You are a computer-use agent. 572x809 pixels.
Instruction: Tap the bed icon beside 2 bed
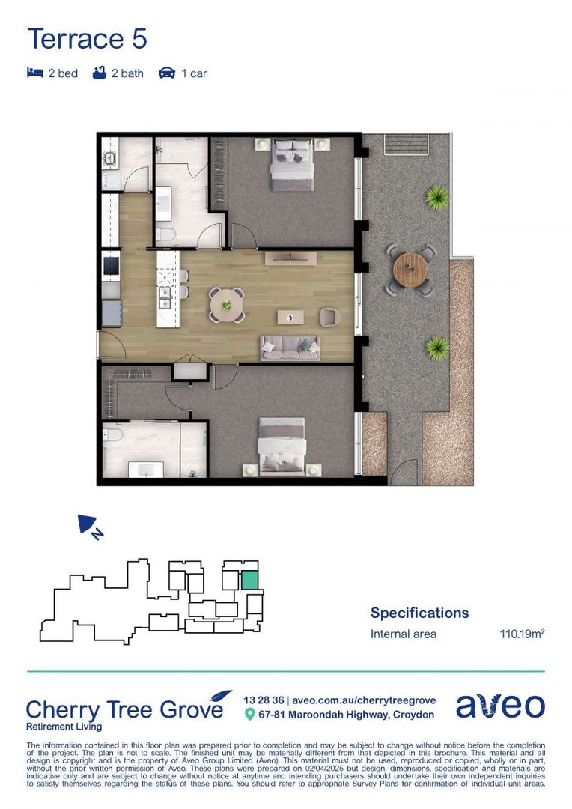pyautogui.click(x=34, y=73)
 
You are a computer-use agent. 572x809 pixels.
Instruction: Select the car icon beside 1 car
pyautogui.click(x=167, y=73)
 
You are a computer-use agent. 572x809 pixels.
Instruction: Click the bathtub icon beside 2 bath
pyautogui.click(x=100, y=73)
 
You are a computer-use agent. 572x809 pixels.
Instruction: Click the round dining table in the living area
pyautogui.click(x=226, y=305)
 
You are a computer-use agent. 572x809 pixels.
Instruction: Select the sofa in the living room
pyautogui.click(x=290, y=347)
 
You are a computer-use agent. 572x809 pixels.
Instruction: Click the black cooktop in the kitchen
pyautogui.click(x=111, y=265)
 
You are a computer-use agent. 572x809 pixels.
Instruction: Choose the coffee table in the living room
pyautogui.click(x=288, y=317)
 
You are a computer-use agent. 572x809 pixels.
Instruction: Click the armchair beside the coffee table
pyautogui.click(x=329, y=317)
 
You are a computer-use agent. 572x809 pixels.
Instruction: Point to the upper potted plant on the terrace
pyautogui.click(x=436, y=199)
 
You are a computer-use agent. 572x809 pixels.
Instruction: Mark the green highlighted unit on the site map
pyautogui.click(x=249, y=579)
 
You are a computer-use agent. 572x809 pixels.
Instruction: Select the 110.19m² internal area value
pyautogui.click(x=522, y=634)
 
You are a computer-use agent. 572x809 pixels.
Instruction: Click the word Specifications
pyautogui.click(x=419, y=613)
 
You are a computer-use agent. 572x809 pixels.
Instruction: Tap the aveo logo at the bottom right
pyautogui.click(x=500, y=706)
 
